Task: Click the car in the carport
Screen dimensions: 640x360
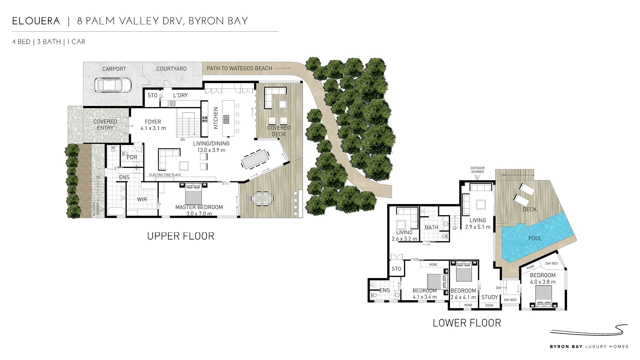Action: [113, 85]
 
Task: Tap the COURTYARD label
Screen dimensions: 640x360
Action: [172, 69]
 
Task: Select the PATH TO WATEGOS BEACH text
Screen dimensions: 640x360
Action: [239, 68]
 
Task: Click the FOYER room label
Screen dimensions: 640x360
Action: [153, 122]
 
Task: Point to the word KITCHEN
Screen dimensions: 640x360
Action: [216, 118]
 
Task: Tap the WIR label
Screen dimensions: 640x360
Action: [142, 199]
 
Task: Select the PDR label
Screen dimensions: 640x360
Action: [132, 157]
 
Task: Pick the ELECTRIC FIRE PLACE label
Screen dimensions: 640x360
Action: [165, 175]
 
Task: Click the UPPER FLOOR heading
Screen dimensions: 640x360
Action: [181, 236]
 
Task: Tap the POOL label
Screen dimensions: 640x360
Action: [535, 238]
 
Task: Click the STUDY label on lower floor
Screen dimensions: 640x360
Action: [490, 297]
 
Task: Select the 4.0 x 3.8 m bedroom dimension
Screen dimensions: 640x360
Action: [543, 282]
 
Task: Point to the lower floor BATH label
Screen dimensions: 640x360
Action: [432, 227]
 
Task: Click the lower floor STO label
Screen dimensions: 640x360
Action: [396, 269]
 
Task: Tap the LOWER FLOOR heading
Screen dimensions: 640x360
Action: [467, 323]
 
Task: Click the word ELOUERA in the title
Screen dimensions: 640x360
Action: [36, 21]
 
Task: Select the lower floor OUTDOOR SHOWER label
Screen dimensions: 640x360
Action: [478, 170]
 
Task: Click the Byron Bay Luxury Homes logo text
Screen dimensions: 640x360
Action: [589, 347]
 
